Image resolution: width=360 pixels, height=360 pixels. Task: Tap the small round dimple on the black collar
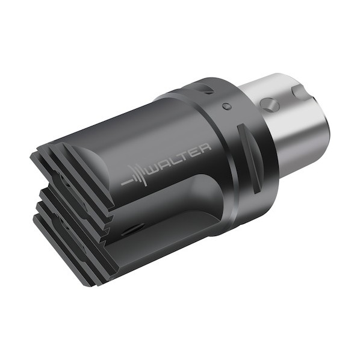pyautogui.click(x=226, y=106)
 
